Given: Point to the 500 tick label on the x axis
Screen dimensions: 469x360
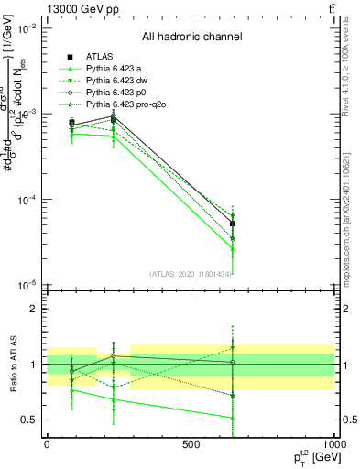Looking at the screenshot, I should coord(191,444).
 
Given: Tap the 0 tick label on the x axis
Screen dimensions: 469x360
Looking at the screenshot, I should coord(47,444).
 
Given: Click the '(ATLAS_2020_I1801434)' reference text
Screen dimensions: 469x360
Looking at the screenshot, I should coord(191,274).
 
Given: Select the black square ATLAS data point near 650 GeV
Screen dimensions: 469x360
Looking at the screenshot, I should coord(233,224).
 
